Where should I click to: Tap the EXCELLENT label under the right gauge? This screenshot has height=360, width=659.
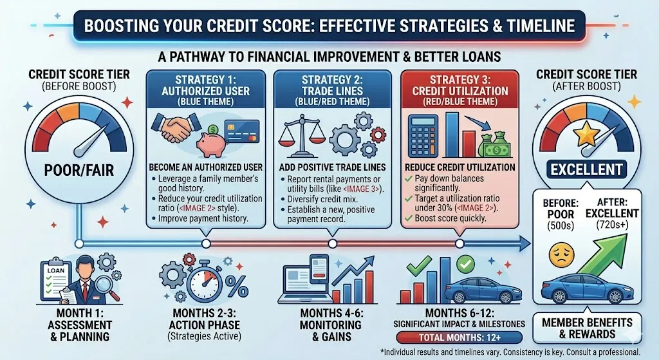[x=587, y=170]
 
